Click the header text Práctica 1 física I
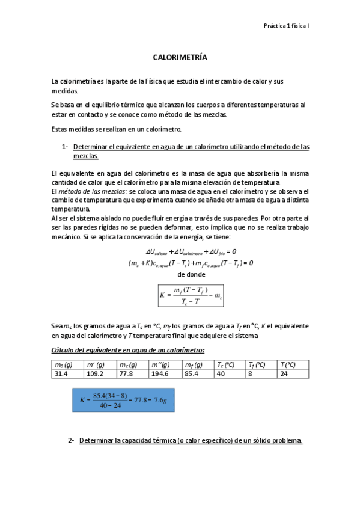[x=286, y=26]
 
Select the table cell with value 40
[x=221, y=373]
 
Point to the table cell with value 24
[x=285, y=373]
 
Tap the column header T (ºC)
[x=288, y=364]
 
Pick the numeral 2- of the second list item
[x=71, y=441]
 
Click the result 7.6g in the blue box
[x=144, y=399]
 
